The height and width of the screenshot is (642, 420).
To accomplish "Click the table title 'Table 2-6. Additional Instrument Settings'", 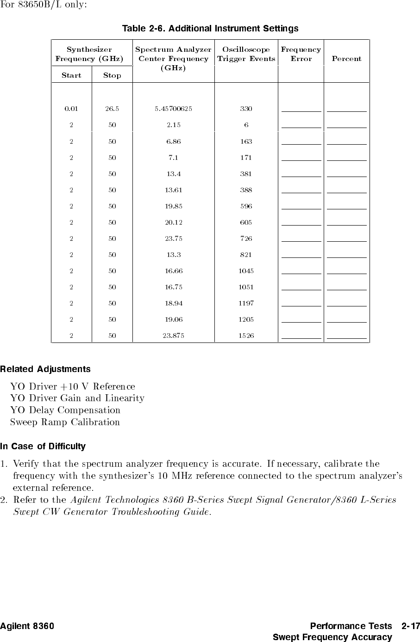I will [x=210, y=29].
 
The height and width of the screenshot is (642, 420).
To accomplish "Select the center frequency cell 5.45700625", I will [x=173, y=109].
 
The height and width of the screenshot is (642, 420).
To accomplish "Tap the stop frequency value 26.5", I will [x=112, y=109].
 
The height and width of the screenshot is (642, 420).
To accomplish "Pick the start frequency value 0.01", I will [x=71, y=109].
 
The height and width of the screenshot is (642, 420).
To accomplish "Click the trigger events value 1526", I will [x=246, y=336].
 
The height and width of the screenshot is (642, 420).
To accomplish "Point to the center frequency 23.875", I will [x=173, y=336].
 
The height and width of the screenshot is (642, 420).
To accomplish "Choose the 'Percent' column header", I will [x=346, y=59].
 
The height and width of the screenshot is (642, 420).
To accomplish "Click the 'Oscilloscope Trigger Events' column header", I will [x=246, y=54].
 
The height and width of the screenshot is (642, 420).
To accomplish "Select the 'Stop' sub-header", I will [x=112, y=75].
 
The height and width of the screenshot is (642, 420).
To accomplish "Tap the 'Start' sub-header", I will [x=71, y=75].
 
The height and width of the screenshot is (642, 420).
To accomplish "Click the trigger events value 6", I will [x=246, y=125].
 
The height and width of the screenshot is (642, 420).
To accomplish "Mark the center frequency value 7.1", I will [x=173, y=158].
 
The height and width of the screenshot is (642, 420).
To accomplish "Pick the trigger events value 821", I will [x=246, y=255].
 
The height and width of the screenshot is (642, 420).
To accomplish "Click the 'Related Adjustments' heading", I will [x=45, y=369].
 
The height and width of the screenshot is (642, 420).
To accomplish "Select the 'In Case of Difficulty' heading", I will [x=43, y=446].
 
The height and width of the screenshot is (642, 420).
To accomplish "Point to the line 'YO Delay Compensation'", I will [x=65, y=410].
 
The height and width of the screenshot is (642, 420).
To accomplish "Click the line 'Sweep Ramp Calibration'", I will [x=65, y=422].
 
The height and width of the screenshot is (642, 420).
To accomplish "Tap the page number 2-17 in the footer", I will [x=411, y=627].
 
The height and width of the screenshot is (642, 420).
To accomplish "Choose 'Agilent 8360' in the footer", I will [x=27, y=627].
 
